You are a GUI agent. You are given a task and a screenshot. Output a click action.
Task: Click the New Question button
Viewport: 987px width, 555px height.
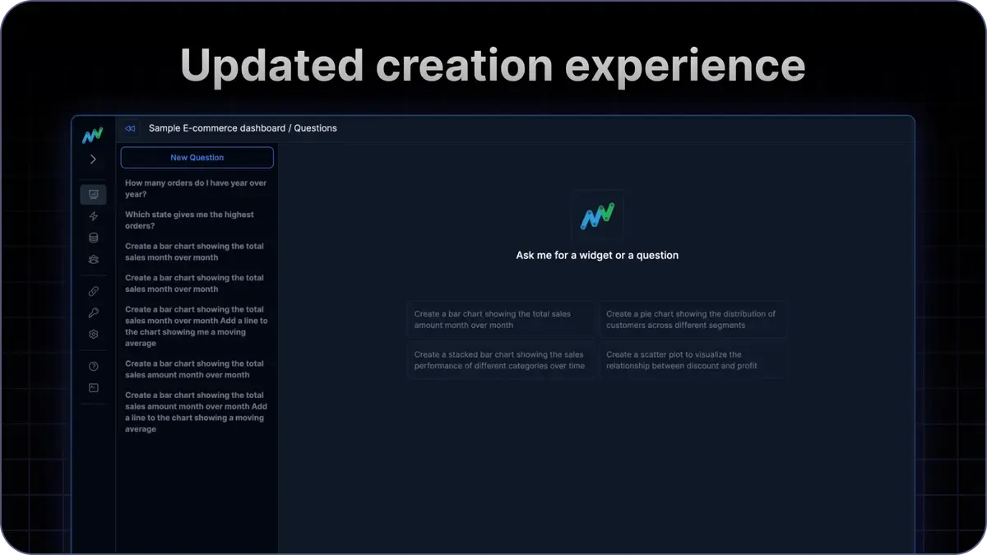click(197, 157)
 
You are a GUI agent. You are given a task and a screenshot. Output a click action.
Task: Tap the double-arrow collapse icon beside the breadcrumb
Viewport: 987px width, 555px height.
click(130, 128)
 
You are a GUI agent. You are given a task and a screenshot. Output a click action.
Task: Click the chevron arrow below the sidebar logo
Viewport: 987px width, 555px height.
click(93, 160)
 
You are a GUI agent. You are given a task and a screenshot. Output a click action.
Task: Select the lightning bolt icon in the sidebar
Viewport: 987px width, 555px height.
click(93, 216)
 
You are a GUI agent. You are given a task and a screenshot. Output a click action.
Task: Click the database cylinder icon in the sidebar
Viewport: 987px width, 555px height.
click(93, 238)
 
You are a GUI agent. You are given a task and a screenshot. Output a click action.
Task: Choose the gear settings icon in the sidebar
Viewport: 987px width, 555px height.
click(93, 335)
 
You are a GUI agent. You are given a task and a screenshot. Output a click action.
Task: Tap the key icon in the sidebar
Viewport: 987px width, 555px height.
click(93, 312)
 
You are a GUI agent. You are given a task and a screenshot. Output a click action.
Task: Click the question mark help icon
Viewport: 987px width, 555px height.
click(93, 367)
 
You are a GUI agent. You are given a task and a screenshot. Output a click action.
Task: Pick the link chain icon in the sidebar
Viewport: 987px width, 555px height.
click(93, 291)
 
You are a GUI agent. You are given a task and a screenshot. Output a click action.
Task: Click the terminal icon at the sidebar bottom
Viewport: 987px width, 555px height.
click(93, 388)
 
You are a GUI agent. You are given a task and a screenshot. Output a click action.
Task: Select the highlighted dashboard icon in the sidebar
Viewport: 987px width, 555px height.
click(93, 195)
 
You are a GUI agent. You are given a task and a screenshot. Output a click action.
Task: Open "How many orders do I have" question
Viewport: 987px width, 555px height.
click(196, 188)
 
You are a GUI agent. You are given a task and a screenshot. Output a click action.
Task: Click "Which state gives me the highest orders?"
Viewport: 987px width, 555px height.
click(190, 220)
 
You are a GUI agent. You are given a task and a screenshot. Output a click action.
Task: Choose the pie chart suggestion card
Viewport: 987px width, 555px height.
click(692, 320)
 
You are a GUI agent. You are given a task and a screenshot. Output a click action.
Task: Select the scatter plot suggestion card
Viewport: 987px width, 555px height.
click(692, 361)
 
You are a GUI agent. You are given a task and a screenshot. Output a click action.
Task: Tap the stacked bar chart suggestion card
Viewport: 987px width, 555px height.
click(500, 361)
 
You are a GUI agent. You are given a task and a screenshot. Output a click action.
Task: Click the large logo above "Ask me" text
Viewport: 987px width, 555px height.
click(597, 216)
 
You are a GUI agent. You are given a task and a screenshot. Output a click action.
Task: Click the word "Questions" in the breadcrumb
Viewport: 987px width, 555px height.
click(315, 128)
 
